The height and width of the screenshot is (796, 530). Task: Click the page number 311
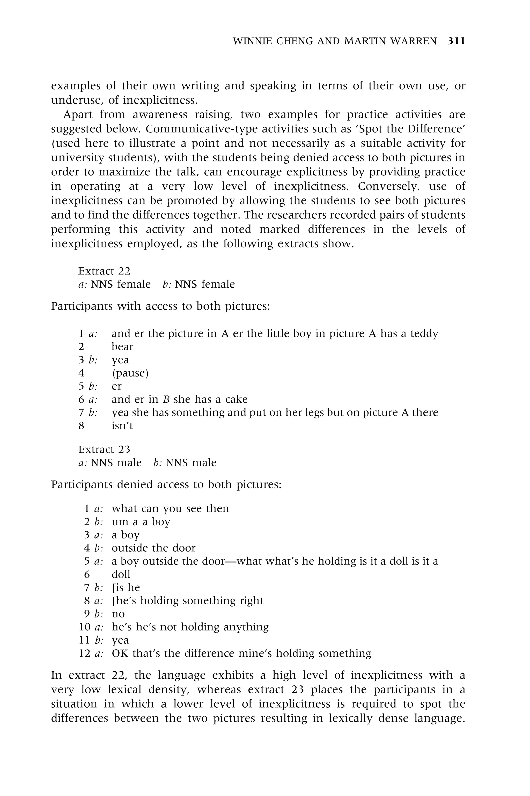pos(456,41)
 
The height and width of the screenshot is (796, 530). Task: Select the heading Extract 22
pos(104,271)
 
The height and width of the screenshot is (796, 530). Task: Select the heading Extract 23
pos(104,450)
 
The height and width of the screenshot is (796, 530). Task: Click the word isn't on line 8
pos(122,425)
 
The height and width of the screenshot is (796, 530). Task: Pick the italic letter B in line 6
pos(166,399)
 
